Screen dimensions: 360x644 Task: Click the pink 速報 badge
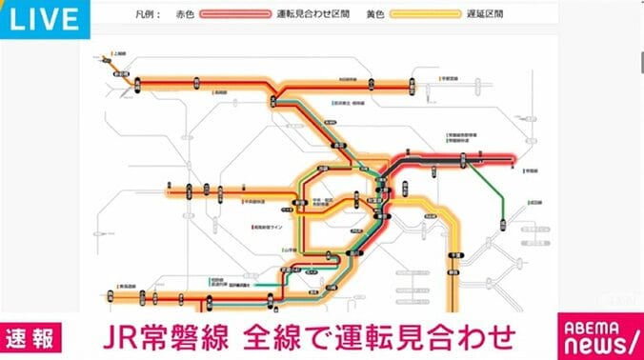pyautogui.click(x=32, y=335)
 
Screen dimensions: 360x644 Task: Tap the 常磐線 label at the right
pyautogui.click(x=533, y=172)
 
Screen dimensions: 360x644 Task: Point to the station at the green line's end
pyautogui.click(x=500, y=225)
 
